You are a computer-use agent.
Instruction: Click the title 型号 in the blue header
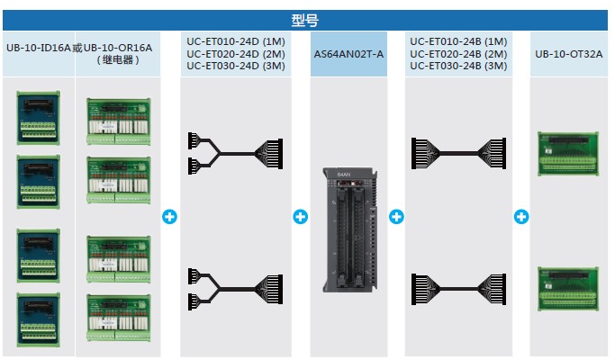304,21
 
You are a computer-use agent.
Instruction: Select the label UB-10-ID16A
39,49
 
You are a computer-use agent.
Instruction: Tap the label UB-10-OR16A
118,49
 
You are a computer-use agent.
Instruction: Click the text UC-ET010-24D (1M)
236,41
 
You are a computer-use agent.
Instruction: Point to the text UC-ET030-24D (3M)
236,66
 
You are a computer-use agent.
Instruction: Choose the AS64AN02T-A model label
348,54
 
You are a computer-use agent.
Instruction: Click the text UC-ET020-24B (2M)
458,54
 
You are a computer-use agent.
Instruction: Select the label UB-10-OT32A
569,54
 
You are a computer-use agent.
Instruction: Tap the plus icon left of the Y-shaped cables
170,217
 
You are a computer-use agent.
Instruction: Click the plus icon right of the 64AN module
396,217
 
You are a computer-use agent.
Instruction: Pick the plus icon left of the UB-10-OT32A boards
521,217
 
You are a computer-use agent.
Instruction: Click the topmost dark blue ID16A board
39,118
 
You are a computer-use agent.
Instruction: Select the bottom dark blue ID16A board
39,319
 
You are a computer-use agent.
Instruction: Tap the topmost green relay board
119,121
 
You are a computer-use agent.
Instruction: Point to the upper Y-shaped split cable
235,153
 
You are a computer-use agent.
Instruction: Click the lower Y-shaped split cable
235,289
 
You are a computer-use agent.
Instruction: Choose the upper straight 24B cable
458,153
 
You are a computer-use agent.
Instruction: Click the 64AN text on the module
344,174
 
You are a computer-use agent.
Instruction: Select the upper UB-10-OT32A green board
568,154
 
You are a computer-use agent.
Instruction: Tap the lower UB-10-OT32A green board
568,289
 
